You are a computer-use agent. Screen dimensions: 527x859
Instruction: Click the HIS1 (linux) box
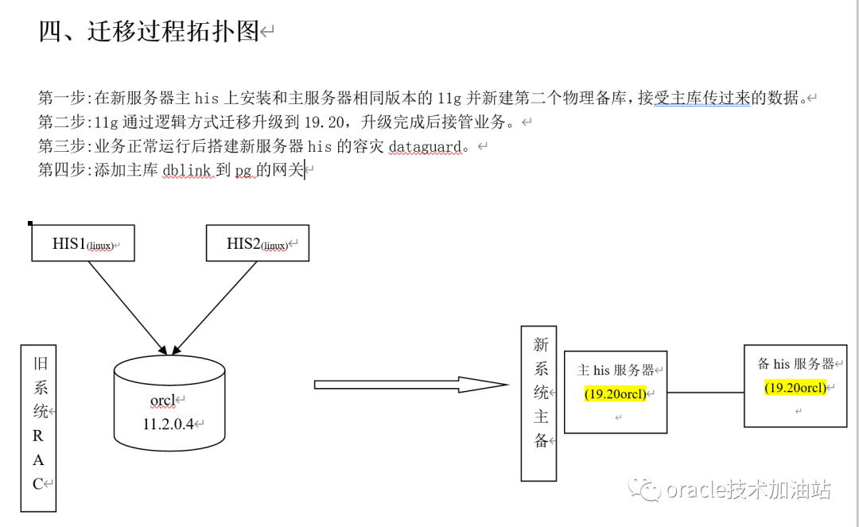click(83, 243)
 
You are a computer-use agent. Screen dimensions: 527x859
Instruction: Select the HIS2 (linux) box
click(257, 243)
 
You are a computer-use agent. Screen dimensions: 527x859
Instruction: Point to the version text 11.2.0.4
click(169, 424)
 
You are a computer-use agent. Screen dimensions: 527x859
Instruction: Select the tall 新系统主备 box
click(538, 403)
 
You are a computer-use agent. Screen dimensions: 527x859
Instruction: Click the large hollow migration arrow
click(410, 385)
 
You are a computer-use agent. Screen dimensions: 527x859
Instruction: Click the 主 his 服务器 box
click(616, 392)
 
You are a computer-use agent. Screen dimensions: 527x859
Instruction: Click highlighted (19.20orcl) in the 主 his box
click(616, 394)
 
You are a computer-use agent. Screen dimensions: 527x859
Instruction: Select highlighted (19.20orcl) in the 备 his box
click(795, 388)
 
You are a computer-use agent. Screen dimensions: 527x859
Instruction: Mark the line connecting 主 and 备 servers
click(705, 392)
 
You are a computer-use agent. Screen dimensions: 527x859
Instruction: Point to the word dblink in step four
click(187, 170)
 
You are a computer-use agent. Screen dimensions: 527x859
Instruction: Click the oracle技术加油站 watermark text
click(748, 490)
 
